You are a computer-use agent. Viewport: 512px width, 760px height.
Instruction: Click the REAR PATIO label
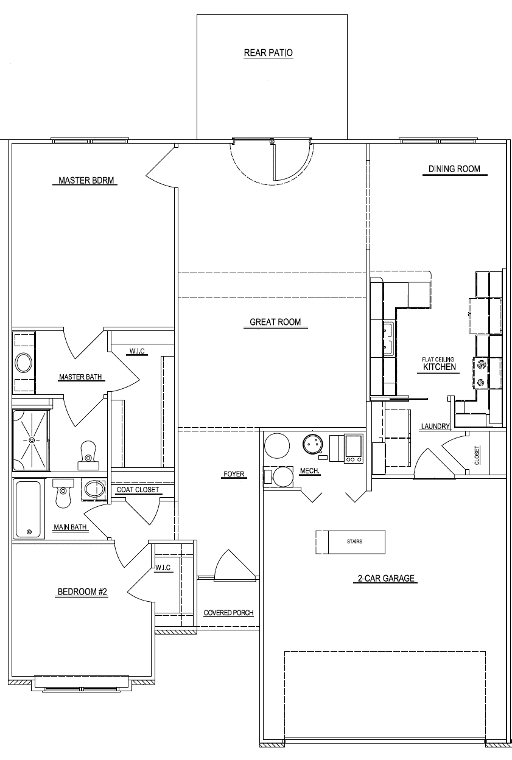[268, 52]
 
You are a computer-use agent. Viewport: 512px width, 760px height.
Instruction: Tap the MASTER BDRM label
[86, 180]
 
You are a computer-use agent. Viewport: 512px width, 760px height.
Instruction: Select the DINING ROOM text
[454, 169]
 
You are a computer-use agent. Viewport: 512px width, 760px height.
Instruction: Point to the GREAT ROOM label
[275, 322]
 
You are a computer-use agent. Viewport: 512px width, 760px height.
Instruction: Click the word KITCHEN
[440, 367]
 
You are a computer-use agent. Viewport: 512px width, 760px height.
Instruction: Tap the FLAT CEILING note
[438, 359]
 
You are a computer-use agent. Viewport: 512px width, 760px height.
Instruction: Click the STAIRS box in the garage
[351, 542]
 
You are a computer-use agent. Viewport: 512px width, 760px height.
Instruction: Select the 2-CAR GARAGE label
[386, 578]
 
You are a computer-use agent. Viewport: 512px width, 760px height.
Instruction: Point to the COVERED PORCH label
[228, 613]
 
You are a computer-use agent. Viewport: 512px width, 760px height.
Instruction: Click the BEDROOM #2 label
[82, 591]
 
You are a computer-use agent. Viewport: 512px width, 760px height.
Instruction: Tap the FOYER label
[234, 474]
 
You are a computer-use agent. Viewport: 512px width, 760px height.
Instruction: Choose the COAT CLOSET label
[138, 490]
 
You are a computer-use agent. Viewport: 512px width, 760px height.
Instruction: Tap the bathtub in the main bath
[29, 509]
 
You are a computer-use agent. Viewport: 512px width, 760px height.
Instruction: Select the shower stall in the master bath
[31, 440]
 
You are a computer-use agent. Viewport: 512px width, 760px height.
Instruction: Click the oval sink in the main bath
[94, 490]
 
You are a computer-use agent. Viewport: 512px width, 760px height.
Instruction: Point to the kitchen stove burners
[481, 373]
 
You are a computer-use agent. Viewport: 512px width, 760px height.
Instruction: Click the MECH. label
[310, 471]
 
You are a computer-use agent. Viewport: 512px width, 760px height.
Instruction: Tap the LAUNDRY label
[436, 426]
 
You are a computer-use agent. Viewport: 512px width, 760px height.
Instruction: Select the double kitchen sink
[389, 340]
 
